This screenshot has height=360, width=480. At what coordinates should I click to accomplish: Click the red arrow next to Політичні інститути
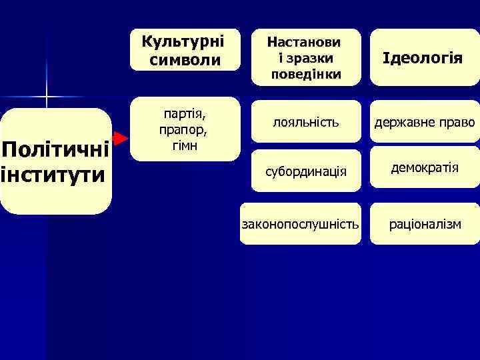point(120,139)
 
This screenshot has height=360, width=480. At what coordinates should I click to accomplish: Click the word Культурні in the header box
point(184,41)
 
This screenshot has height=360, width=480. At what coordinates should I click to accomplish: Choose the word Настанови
point(305,41)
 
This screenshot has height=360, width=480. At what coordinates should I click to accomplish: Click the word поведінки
point(306,73)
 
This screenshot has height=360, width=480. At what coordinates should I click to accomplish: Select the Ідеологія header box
point(424,57)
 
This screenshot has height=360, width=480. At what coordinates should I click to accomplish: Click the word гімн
point(185,145)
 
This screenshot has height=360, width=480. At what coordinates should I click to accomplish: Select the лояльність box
point(306,123)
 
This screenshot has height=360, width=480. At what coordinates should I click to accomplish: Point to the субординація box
point(306,171)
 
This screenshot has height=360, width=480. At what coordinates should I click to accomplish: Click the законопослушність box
point(300,224)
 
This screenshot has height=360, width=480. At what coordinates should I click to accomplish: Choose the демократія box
point(425,168)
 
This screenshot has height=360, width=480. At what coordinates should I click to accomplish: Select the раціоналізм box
point(425,224)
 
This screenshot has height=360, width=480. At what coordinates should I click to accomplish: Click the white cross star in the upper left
point(47,98)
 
